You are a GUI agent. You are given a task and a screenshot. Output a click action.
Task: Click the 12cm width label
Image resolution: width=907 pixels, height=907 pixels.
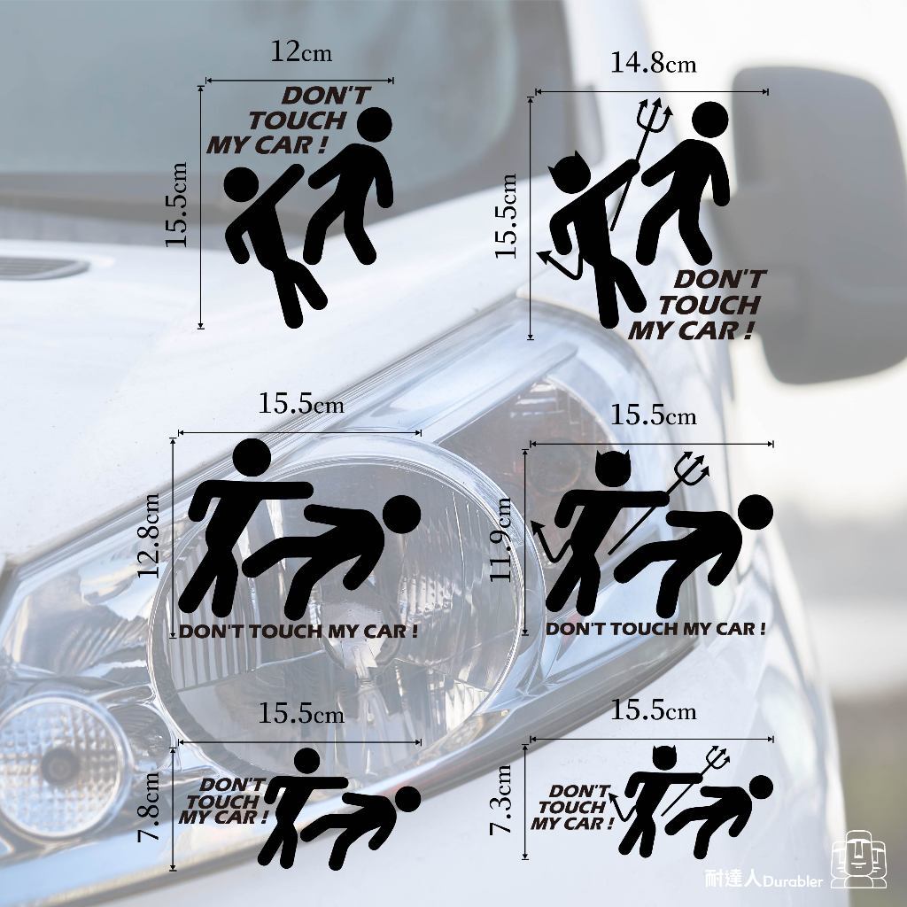301,52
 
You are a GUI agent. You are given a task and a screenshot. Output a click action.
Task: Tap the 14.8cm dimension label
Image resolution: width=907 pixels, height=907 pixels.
654,63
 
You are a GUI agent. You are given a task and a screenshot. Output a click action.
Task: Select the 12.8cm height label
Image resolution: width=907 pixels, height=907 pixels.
150,535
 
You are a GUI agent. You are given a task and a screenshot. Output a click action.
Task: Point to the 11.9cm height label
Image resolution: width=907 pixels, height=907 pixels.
501,539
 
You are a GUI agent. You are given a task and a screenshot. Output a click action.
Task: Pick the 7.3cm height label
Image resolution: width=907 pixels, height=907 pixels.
501,800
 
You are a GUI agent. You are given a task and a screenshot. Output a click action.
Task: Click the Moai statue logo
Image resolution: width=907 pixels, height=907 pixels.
858,859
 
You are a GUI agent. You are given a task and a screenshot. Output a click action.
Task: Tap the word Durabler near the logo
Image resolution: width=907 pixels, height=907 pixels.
793,881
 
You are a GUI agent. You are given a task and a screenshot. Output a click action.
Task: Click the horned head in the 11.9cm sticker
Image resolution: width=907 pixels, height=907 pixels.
612,468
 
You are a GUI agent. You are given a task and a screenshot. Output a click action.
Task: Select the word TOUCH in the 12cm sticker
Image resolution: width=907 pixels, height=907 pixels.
298,120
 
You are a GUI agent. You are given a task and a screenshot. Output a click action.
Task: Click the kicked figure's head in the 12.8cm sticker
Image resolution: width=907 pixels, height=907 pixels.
401,515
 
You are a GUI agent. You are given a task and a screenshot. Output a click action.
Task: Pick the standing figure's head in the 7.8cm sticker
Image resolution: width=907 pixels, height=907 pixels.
307,761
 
